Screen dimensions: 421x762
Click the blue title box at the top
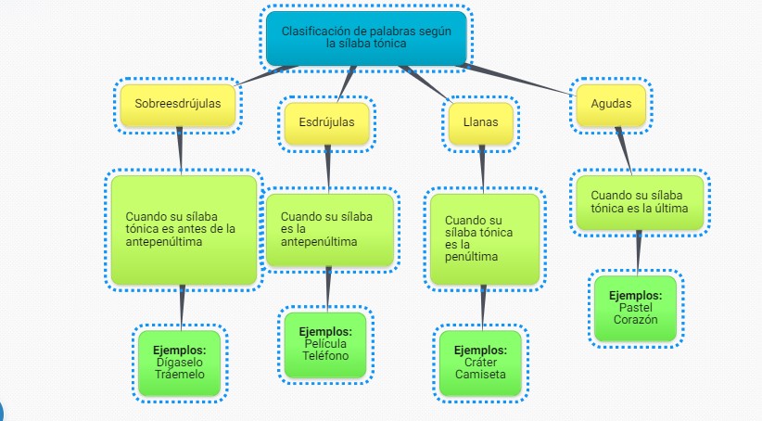365,38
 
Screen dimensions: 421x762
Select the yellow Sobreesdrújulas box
178,104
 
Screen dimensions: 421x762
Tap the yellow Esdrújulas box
326,121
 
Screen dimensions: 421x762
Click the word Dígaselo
180,362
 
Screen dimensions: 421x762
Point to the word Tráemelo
180,374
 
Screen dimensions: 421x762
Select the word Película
325,343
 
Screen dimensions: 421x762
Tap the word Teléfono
325,355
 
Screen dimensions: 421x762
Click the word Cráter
480,363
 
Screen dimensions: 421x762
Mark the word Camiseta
480,375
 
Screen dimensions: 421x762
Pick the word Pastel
636,307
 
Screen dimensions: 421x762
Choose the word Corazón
636,319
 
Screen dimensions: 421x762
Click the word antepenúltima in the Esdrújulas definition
318,241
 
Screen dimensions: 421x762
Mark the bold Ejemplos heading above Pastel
636,295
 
